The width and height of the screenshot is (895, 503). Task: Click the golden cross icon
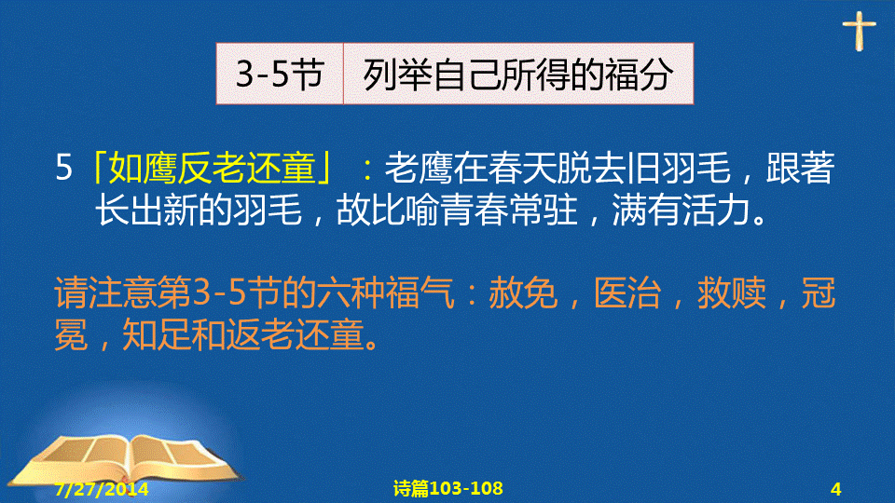coord(859,30)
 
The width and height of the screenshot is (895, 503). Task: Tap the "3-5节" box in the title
coord(280,74)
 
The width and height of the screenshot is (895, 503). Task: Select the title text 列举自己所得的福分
coord(518,75)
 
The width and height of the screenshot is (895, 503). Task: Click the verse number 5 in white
coord(64,168)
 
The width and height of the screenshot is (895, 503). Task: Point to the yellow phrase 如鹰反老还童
coord(212,168)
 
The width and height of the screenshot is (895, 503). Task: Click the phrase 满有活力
coord(682,210)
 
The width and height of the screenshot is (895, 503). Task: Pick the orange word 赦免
coord(523,293)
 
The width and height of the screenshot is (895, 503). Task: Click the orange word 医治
coord(627,293)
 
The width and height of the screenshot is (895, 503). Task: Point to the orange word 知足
coord(157,334)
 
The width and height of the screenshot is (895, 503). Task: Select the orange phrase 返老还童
coord(295,334)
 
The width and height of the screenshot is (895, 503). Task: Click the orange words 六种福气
coord(386,293)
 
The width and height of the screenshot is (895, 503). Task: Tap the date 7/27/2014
coord(102,489)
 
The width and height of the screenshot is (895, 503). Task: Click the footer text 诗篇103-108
coord(448,488)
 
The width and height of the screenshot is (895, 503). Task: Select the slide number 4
coord(836,489)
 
